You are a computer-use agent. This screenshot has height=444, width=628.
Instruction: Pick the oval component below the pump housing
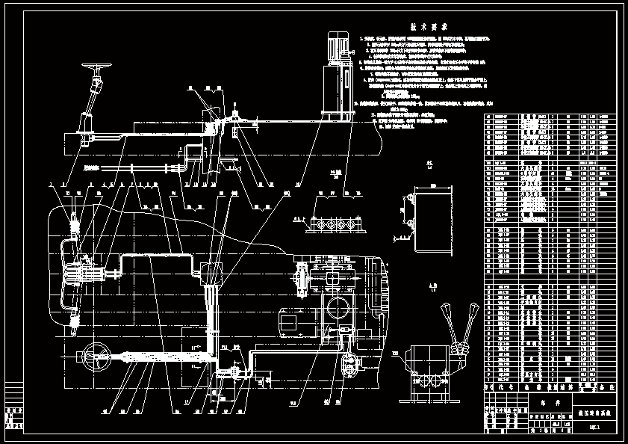coord(348,366)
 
